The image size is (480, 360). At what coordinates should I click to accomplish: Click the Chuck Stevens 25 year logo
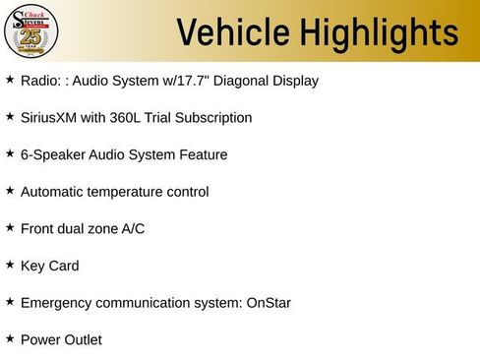pos(31,31)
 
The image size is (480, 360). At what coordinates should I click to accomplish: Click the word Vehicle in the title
pos(228,32)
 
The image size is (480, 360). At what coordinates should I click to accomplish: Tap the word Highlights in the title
pos(374,32)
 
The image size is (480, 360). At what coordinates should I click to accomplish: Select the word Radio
pos(39,81)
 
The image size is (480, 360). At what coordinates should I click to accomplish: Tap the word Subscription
pos(216,118)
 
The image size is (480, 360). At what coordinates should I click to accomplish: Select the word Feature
pos(203,155)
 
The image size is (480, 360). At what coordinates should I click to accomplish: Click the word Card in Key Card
pos(64,267)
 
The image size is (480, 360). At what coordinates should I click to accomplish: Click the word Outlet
pos(83,340)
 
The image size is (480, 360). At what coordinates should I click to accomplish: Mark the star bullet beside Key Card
pos(10,266)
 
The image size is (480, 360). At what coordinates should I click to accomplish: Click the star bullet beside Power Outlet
pos(10,339)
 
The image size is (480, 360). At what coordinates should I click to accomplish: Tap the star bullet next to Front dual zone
pos(10,228)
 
